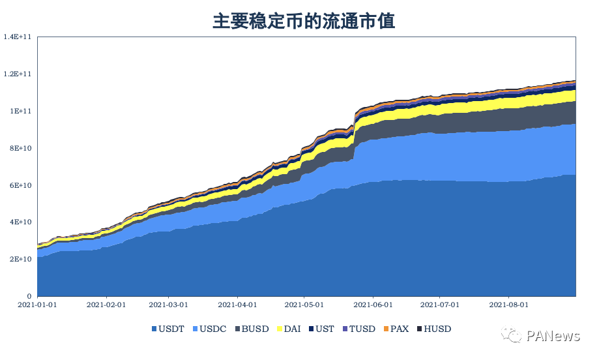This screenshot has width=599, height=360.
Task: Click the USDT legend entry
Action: (x=170, y=329)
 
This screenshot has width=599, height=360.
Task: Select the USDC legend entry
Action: (x=210, y=329)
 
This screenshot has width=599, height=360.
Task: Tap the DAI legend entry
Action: (x=291, y=329)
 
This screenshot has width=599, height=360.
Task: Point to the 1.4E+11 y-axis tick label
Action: (x=20, y=37)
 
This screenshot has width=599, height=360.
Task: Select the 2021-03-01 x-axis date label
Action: (x=168, y=305)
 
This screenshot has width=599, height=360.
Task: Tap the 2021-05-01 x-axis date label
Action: (x=303, y=305)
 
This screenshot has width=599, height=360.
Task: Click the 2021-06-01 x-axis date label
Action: (x=373, y=305)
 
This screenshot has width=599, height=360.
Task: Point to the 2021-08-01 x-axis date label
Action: (x=508, y=305)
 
